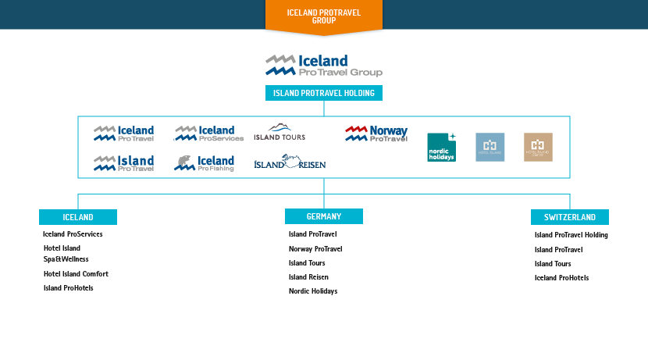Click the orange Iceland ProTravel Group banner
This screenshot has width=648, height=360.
pyautogui.click(x=323, y=16)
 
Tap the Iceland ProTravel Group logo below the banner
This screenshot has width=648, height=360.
pyautogui.click(x=323, y=66)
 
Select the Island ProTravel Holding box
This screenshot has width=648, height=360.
pyautogui.click(x=323, y=94)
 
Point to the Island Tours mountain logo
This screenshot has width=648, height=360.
pyautogui.click(x=279, y=132)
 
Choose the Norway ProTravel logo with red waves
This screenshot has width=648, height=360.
pyautogui.click(x=376, y=134)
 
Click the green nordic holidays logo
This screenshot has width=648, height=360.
pyautogui.click(x=441, y=147)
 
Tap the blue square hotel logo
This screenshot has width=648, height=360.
pyautogui.click(x=490, y=147)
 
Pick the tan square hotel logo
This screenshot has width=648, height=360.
pyautogui.click(x=538, y=147)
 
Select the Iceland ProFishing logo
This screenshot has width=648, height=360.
pyautogui.click(x=204, y=163)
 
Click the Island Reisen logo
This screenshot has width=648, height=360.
pyautogui.click(x=290, y=162)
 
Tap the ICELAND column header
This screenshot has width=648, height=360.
pyautogui.click(x=78, y=217)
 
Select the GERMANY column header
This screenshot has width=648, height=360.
pyautogui.click(x=323, y=216)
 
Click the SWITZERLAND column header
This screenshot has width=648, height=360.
pyautogui.click(x=570, y=217)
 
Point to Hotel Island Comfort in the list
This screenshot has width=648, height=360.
pyautogui.click(x=76, y=274)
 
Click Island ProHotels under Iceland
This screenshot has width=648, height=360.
pyautogui.click(x=69, y=288)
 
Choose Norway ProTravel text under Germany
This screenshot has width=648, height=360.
pyautogui.click(x=315, y=249)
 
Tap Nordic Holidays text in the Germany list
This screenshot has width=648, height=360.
pyautogui.click(x=313, y=291)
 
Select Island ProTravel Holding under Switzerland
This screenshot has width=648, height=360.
pyautogui.click(x=571, y=235)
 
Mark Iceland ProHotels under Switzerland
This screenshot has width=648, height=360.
pyautogui.click(x=561, y=278)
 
